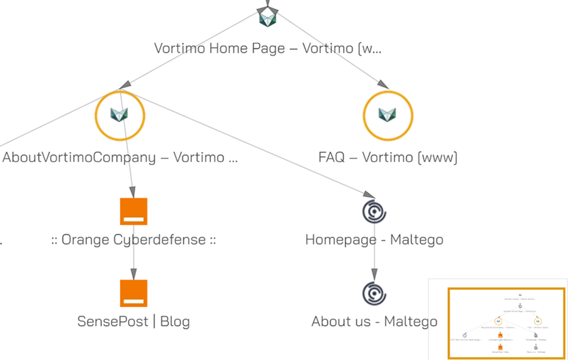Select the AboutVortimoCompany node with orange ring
point(120,115)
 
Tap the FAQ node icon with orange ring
point(387,115)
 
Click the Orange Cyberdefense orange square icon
point(134,211)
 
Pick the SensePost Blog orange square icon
point(134,293)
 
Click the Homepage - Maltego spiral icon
point(374,211)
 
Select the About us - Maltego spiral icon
point(374,293)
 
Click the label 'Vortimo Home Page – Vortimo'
point(267,48)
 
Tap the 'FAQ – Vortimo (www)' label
point(387,157)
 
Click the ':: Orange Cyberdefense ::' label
point(134,239)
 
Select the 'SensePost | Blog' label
point(134,321)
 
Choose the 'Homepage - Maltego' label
point(374,239)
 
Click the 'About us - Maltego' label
point(374,321)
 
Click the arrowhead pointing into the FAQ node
point(383,85)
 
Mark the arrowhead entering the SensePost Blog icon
point(133,274)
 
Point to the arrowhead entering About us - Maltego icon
point(374,274)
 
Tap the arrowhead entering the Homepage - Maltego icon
point(369,194)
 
